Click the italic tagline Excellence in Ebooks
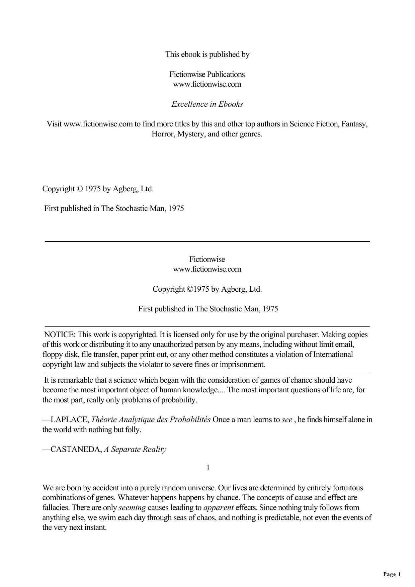207,104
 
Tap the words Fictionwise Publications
207,74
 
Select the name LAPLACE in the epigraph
70,419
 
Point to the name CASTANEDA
76,449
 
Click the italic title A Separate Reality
135,449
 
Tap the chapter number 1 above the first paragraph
208,468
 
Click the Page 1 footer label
392,574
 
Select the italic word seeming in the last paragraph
132,507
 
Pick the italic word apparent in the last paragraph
218,507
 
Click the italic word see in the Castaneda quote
287,419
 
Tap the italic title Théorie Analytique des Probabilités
151,419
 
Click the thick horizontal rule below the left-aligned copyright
207,241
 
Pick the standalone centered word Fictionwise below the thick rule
207,259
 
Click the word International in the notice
333,354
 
